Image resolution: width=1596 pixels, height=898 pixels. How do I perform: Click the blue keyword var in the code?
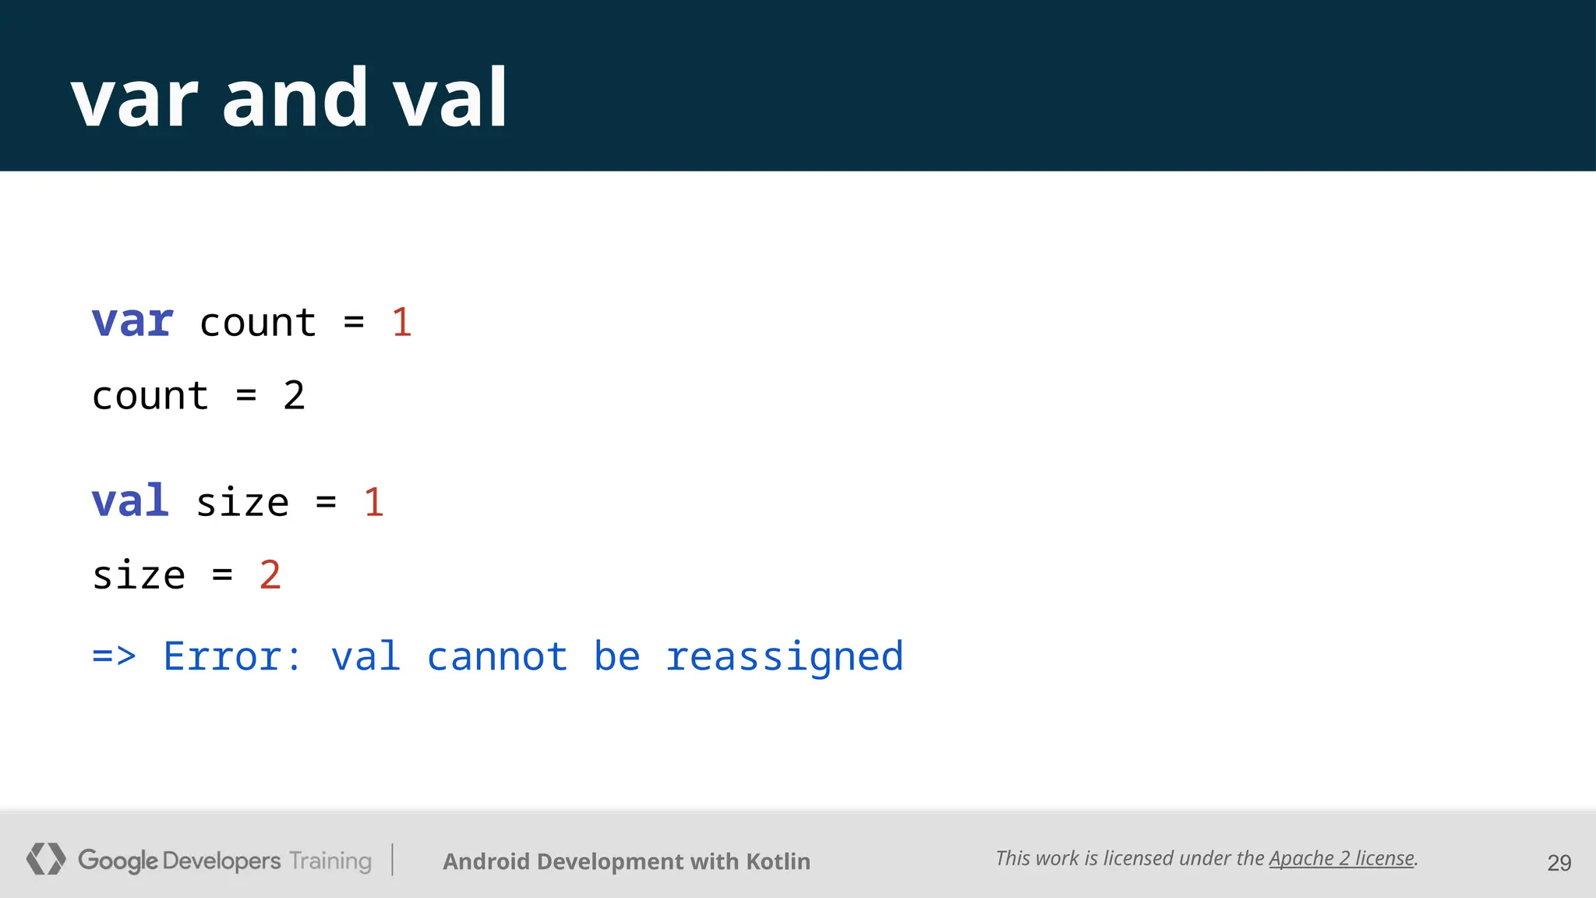pyautogui.click(x=132, y=322)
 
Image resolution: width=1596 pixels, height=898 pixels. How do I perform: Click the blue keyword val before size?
pyautogui.click(x=130, y=501)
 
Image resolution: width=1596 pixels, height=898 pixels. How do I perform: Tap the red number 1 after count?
pyautogui.click(x=401, y=322)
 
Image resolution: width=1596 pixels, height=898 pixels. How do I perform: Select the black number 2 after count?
pyautogui.click(x=294, y=396)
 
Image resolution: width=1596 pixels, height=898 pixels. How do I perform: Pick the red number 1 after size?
pyautogui.click(x=373, y=501)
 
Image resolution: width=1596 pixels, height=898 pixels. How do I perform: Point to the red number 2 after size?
pyautogui.click(x=270, y=575)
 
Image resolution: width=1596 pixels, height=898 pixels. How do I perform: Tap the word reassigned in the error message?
pyautogui.click(x=784, y=656)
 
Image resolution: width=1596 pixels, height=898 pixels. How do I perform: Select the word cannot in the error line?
pyautogui.click(x=497, y=656)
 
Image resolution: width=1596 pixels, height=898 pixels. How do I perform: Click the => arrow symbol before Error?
pyautogui.click(x=114, y=656)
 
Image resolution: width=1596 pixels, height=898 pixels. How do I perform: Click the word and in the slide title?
pyautogui.click(x=295, y=98)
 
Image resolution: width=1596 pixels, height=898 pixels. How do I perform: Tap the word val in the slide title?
pyautogui.click(x=450, y=98)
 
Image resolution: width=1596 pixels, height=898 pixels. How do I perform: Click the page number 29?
pyautogui.click(x=1559, y=863)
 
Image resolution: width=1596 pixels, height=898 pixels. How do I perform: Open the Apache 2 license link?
pyautogui.click(x=1341, y=858)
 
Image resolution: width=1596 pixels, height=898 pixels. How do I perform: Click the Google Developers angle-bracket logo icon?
pyautogui.click(x=45, y=859)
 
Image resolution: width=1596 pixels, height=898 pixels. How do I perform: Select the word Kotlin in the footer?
pyautogui.click(x=778, y=861)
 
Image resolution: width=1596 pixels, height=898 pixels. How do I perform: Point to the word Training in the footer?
pyautogui.click(x=330, y=861)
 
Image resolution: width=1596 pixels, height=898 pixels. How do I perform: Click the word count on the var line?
pyautogui.click(x=257, y=322)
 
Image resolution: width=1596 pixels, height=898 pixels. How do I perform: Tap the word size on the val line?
pyautogui.click(x=242, y=501)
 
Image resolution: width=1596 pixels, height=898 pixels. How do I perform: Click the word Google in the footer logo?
pyautogui.click(x=118, y=861)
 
